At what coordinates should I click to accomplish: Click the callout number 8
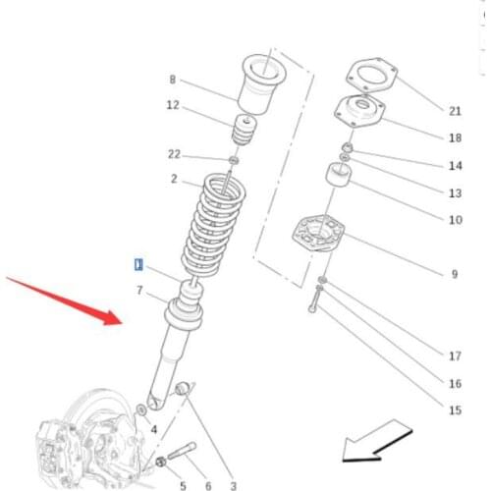point(172,80)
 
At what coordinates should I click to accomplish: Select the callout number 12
point(172,105)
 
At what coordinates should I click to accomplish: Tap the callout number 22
point(175,153)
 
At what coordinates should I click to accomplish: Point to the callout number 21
point(455,110)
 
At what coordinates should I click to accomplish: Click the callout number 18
point(455,138)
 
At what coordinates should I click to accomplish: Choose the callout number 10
point(455,220)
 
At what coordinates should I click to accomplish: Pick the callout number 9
point(454,274)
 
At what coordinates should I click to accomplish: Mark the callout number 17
point(455,356)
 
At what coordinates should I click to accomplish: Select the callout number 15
point(455,410)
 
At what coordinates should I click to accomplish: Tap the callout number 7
point(139,291)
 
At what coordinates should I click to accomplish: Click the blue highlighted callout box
point(138,264)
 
